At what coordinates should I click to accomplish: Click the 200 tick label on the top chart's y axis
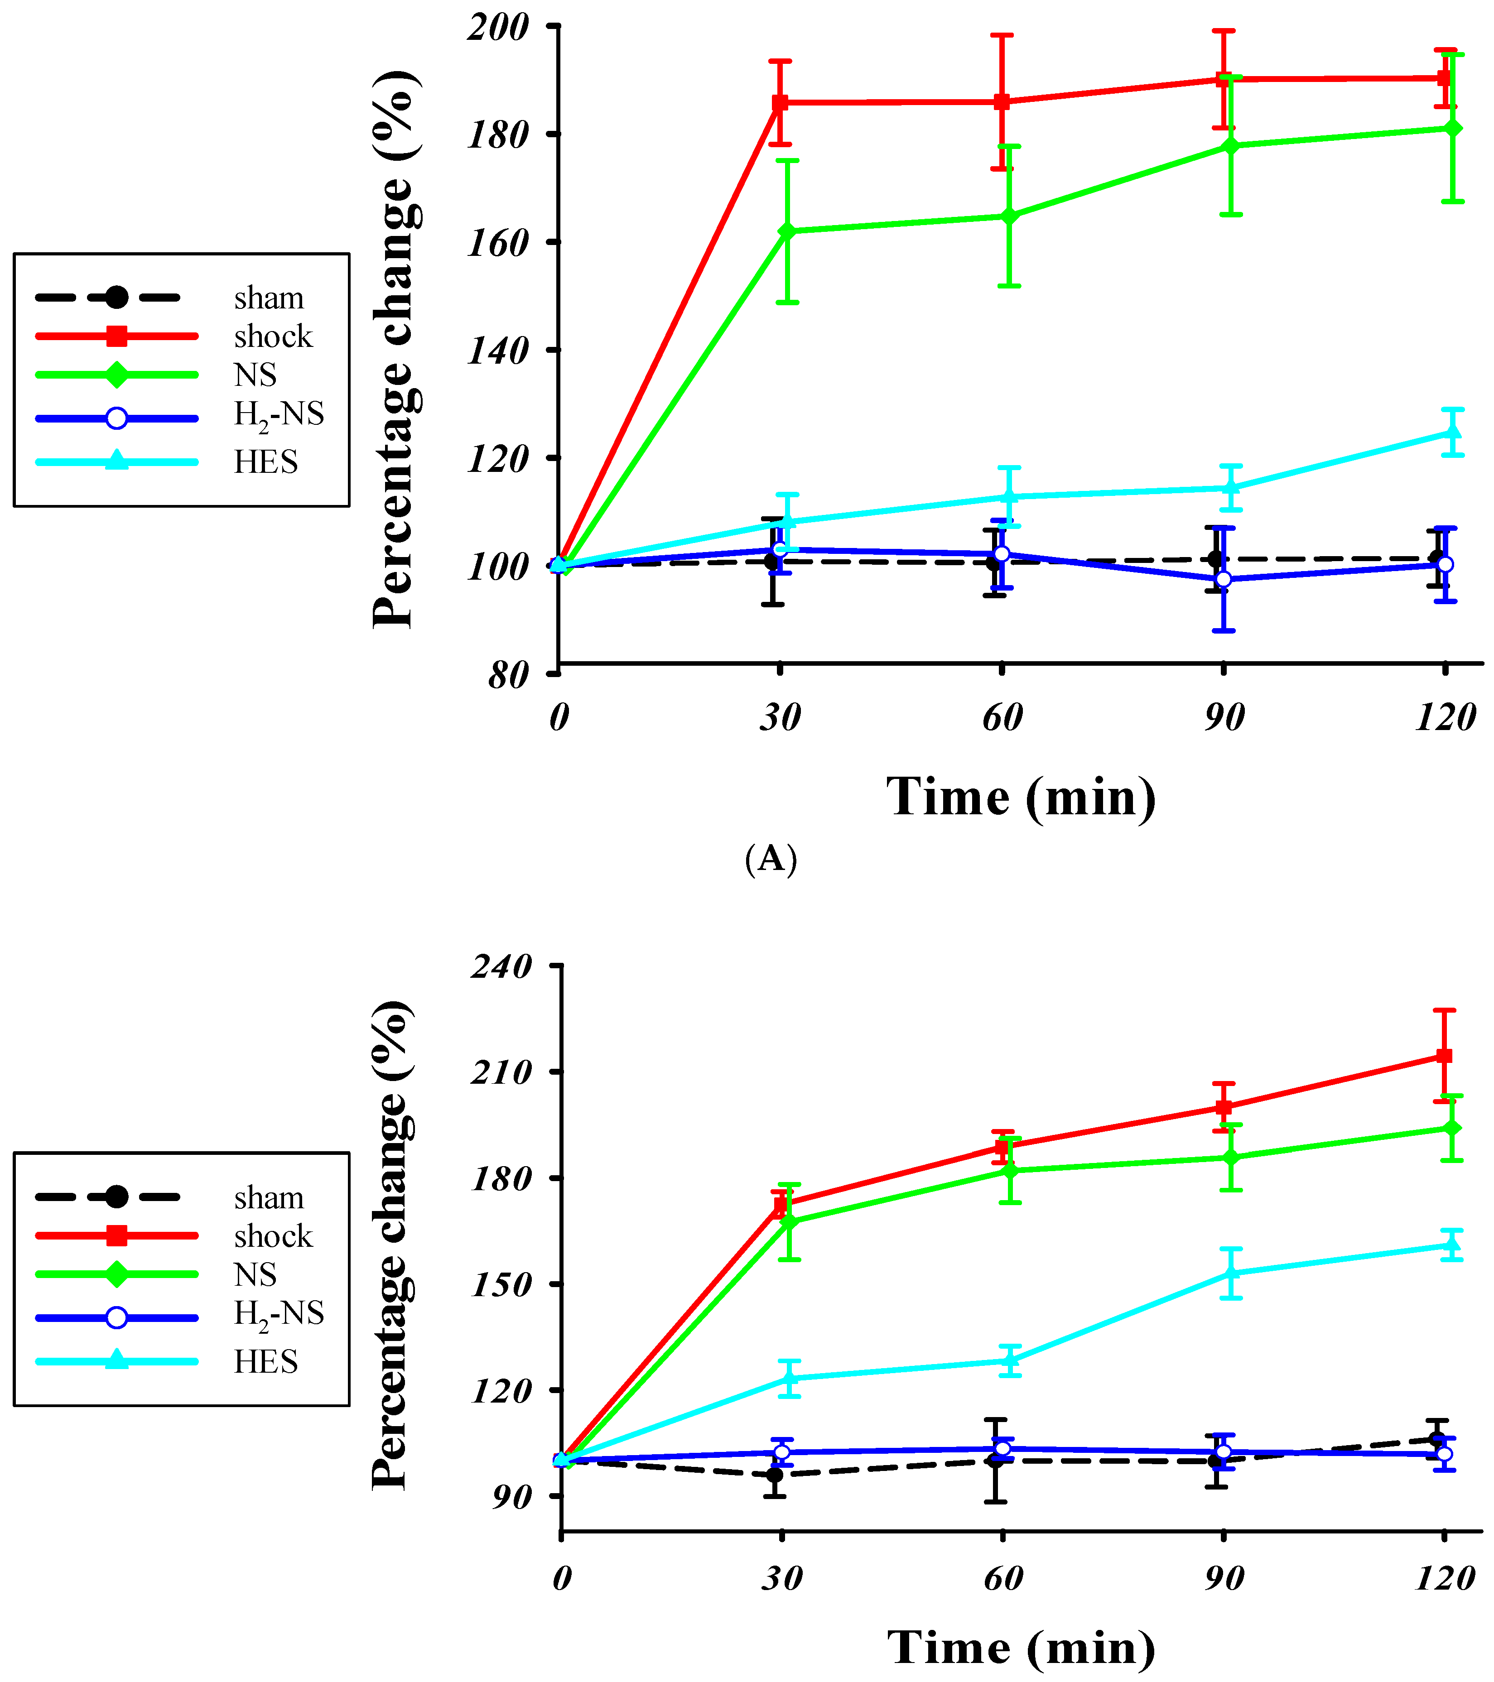(x=497, y=27)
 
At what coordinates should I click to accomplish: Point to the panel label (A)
(x=771, y=859)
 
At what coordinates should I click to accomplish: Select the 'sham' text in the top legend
(x=268, y=298)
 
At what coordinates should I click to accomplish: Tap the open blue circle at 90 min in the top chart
(x=1224, y=579)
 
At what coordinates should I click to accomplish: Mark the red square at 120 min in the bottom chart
(x=1444, y=1056)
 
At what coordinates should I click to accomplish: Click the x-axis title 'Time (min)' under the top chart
(x=1021, y=797)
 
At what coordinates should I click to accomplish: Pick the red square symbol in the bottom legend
(x=117, y=1236)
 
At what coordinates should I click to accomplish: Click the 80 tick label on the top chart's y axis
(x=508, y=676)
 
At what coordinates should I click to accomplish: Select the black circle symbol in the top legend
(x=117, y=297)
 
